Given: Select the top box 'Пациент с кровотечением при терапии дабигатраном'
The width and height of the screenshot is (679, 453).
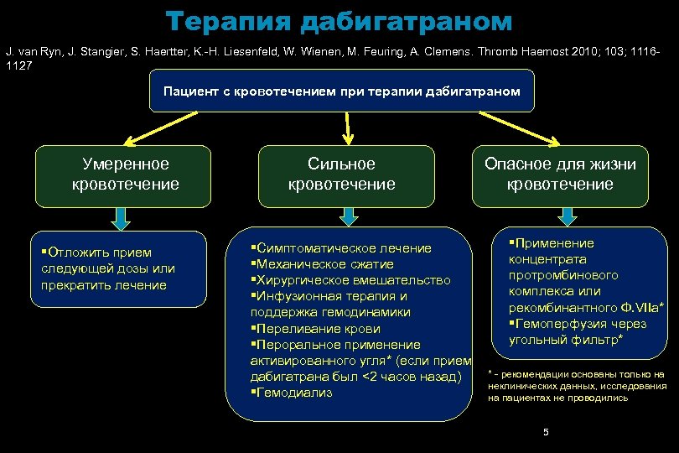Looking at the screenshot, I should click(x=341, y=91).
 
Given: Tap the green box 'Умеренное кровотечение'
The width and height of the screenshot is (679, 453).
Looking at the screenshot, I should click(x=125, y=174).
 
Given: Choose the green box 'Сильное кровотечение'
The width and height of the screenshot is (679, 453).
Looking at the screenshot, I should click(x=341, y=174).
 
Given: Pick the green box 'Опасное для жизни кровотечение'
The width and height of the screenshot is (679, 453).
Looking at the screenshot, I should click(x=560, y=174).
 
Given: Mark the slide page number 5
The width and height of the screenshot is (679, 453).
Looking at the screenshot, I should click(x=546, y=432).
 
